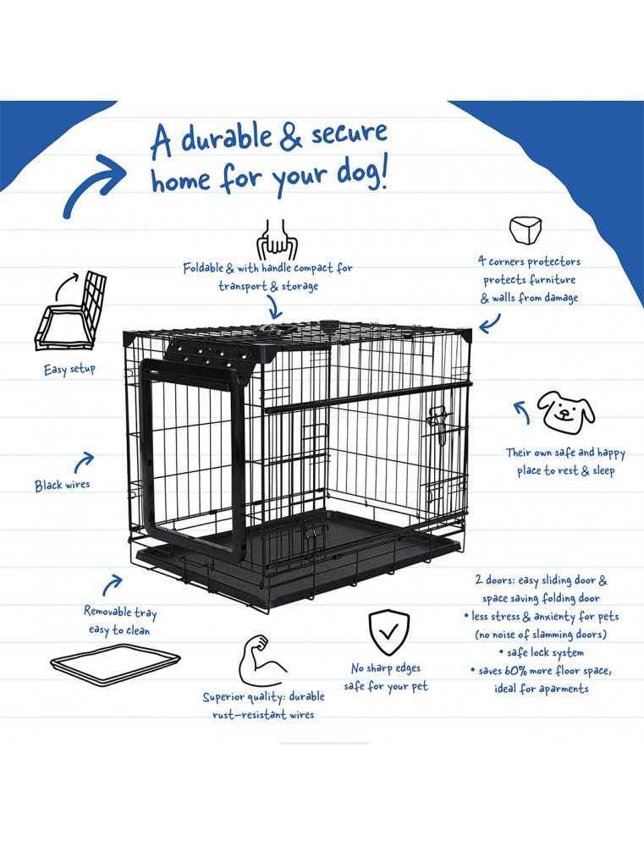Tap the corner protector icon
pos(525,230)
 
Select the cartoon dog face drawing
pos(567,409)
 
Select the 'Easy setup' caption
pos(70,370)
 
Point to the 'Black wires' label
pos(62,486)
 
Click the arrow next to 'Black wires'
pos(84,462)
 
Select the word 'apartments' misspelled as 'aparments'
pos(559,689)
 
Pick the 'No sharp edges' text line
pos(386,668)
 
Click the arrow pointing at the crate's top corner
pos(489,323)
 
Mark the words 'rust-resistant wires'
pos(263,715)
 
